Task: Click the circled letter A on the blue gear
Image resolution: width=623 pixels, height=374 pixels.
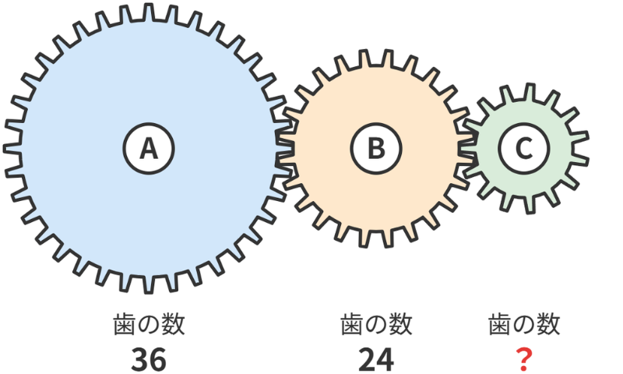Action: click(149, 148)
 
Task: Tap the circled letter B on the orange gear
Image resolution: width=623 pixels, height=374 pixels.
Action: click(376, 148)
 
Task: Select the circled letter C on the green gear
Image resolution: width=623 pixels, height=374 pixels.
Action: click(523, 148)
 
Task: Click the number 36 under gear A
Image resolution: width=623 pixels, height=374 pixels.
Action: click(149, 360)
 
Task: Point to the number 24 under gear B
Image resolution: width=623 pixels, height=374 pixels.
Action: click(376, 360)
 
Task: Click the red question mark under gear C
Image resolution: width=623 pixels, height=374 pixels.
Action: click(523, 360)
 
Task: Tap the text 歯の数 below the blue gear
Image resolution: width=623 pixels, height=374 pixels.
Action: click(149, 324)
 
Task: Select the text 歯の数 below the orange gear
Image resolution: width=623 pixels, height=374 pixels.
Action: click(376, 324)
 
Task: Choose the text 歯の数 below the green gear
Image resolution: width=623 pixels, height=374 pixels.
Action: click(523, 324)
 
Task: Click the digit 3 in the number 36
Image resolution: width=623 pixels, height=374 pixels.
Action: click(139, 360)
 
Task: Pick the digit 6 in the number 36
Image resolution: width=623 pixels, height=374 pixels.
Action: click(158, 360)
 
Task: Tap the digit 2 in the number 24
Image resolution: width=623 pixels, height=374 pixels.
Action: click(367, 360)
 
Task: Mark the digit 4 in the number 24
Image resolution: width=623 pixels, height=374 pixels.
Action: click(385, 360)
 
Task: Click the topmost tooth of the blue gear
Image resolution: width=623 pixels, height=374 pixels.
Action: click(149, 11)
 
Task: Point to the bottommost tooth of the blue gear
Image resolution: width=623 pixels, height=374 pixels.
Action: click(149, 285)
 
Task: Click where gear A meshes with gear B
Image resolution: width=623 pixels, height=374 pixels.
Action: click(285, 148)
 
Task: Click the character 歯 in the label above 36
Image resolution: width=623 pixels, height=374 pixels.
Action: click(125, 324)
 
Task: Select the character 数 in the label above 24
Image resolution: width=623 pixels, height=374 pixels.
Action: click(401, 324)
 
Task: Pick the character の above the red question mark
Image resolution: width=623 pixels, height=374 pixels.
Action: click(523, 325)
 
